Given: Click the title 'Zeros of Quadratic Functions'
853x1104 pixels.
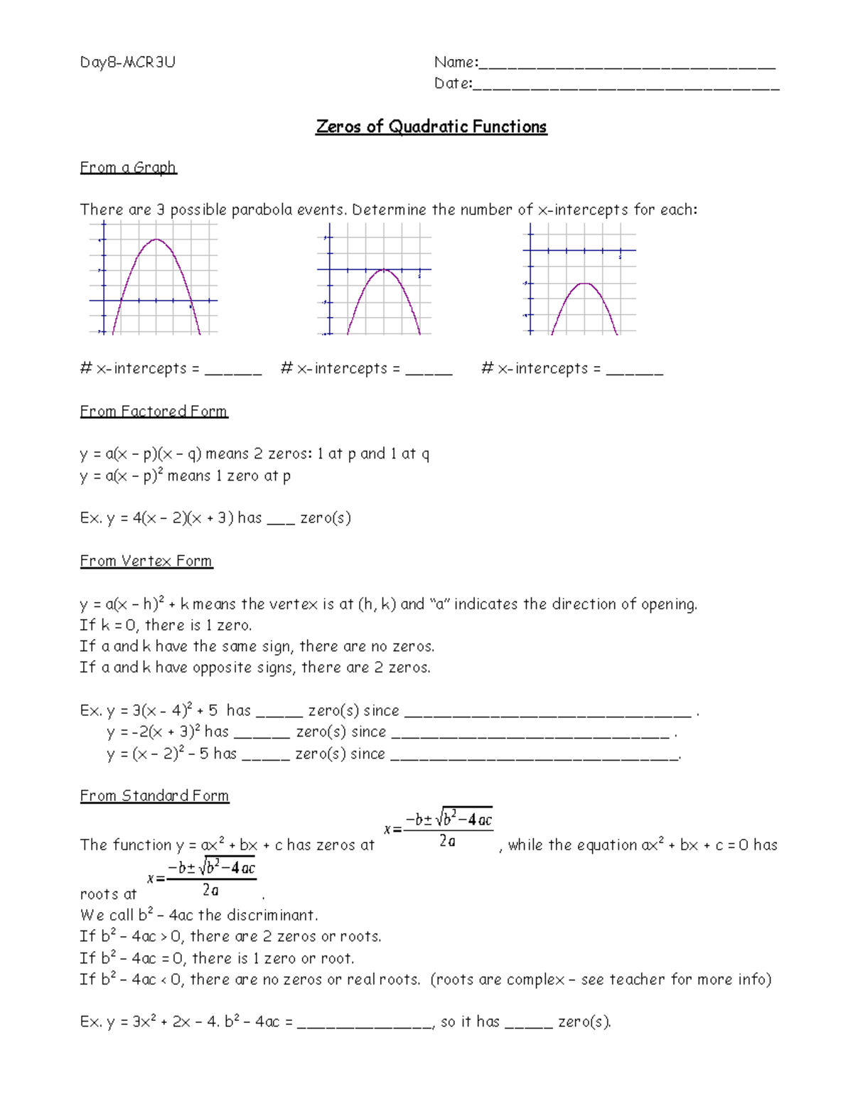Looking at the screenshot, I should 431,127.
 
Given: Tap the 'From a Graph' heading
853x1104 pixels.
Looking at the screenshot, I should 128,168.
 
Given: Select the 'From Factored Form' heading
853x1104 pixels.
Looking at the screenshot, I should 154,412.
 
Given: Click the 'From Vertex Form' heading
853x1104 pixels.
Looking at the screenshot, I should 146,561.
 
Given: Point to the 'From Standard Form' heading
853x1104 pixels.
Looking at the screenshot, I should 154,795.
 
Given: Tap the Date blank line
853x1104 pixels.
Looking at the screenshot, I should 626,87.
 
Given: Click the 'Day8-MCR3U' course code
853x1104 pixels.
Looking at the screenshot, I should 127,63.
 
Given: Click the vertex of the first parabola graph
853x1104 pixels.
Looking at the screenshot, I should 156,240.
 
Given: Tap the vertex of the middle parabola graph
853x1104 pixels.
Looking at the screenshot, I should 384,270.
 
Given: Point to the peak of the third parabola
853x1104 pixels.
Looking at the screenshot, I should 584,284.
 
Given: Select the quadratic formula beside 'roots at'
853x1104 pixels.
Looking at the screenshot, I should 203,878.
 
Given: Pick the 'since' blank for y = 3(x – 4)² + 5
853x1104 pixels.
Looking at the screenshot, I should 547,714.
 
